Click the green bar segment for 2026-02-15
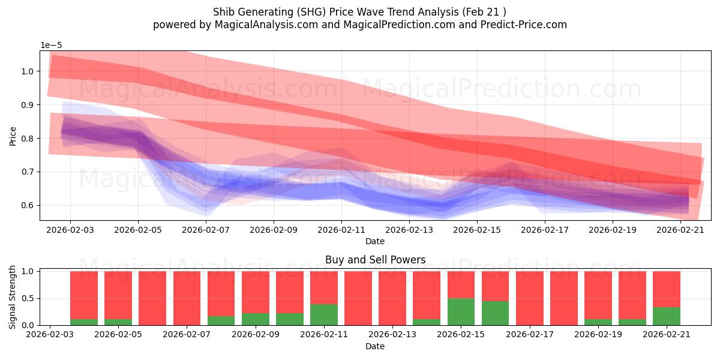[x=461, y=312]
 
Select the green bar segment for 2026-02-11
[x=324, y=314]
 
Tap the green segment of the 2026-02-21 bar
[x=667, y=316]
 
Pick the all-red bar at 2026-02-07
[x=187, y=298]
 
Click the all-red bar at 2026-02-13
[x=392, y=298]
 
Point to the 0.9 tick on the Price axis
[x=28, y=105]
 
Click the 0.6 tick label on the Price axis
[x=28, y=205]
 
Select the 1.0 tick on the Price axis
[x=28, y=71]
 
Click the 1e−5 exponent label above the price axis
[x=51, y=46]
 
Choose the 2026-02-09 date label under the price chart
[x=274, y=230]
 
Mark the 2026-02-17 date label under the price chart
[x=545, y=230]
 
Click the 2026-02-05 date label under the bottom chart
[x=118, y=335]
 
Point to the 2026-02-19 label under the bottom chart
[x=598, y=335]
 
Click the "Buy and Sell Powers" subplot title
[x=376, y=260]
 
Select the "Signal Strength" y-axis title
[x=12, y=298]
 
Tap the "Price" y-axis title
[x=13, y=136]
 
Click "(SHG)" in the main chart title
[x=311, y=12]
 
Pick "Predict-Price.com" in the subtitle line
[x=524, y=25]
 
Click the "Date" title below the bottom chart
[x=375, y=346]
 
